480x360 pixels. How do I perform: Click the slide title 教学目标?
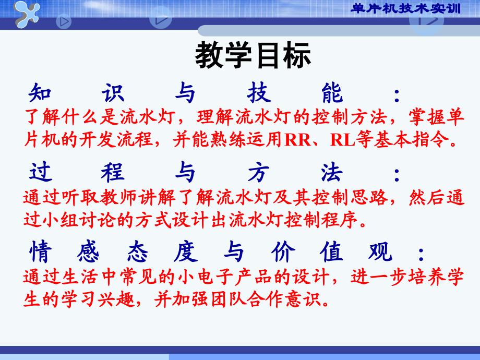tap(253, 55)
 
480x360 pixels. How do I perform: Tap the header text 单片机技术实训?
tap(405, 8)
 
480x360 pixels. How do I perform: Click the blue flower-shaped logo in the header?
tap(27, 13)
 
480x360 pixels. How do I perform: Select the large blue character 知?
tap(40, 92)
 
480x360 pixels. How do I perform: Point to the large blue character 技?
tap(259, 92)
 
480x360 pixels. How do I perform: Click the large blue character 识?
tap(113, 92)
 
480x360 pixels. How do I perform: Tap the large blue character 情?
tap(40, 251)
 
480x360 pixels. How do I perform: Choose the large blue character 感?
tap(89, 251)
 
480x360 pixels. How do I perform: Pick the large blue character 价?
tap(283, 251)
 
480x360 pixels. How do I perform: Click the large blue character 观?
tap(380, 251)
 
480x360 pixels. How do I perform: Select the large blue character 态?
tap(137, 251)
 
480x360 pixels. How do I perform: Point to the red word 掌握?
tap(427, 117)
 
